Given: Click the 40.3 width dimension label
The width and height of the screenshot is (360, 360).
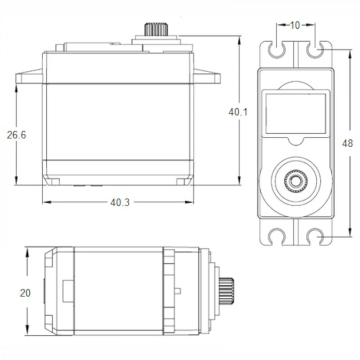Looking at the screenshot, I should (x=119, y=203).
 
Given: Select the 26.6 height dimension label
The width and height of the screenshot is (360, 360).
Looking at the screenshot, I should (x=16, y=135).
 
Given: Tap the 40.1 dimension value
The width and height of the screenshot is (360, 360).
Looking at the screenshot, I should (x=239, y=112).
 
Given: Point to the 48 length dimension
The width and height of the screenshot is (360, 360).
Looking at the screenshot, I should (x=347, y=144).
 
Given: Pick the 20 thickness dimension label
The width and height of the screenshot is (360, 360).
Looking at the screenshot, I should (x=25, y=293).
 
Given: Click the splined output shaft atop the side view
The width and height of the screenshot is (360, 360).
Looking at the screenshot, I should (x=156, y=29).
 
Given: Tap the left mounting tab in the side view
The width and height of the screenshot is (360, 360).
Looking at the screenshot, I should (x=29, y=78).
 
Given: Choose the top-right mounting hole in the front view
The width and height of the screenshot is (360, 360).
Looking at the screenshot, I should (x=314, y=50).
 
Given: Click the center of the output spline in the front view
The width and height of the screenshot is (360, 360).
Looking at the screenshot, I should (x=295, y=181).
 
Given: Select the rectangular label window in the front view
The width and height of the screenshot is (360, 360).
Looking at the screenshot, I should (x=295, y=114).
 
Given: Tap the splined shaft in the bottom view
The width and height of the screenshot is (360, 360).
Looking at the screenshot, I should (x=227, y=291).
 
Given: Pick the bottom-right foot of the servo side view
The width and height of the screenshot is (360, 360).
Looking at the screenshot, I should (x=184, y=182).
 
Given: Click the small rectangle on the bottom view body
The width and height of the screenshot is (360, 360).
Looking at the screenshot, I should (x=68, y=291).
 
